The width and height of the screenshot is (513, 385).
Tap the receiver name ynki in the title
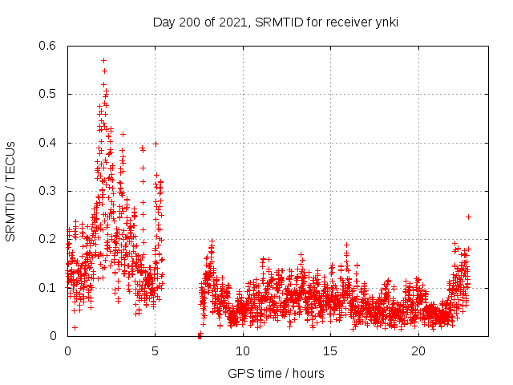pos(384,22)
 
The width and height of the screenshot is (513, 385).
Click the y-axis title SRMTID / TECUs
pos(10,191)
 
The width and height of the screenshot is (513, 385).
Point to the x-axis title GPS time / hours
pos(276,373)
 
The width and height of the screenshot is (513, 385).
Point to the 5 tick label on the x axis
pos(155,351)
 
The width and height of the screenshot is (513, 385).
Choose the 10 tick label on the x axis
pos(243,351)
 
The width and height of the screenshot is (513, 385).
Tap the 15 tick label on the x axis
pos(330,351)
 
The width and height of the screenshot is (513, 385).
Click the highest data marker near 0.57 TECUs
pos(103,60)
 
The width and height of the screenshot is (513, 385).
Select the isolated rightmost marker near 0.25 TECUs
pos(468,217)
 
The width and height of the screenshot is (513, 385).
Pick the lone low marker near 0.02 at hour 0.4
pos(75,327)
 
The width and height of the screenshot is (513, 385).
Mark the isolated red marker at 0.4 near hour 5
pos(156,144)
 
